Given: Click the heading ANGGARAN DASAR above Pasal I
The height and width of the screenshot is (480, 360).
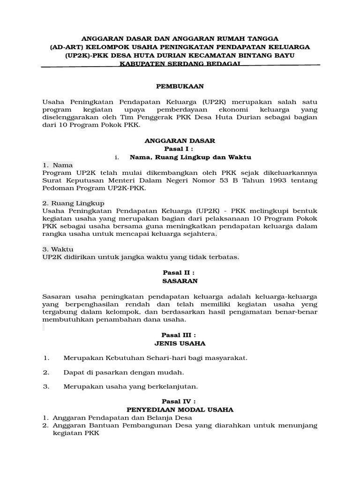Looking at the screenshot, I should click(x=180, y=141).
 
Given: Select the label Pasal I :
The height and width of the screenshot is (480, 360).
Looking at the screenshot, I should click(x=180, y=149).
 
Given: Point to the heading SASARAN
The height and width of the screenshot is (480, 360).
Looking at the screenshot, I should click(x=180, y=281).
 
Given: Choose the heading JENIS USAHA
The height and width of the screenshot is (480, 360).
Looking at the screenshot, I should click(x=180, y=343).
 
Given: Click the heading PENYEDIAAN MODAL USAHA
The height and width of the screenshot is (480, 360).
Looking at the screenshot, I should click(x=180, y=410).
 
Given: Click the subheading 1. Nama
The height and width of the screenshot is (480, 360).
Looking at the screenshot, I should click(x=58, y=165).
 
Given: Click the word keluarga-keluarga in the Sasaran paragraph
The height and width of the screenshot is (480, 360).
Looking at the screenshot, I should click(x=285, y=297).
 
